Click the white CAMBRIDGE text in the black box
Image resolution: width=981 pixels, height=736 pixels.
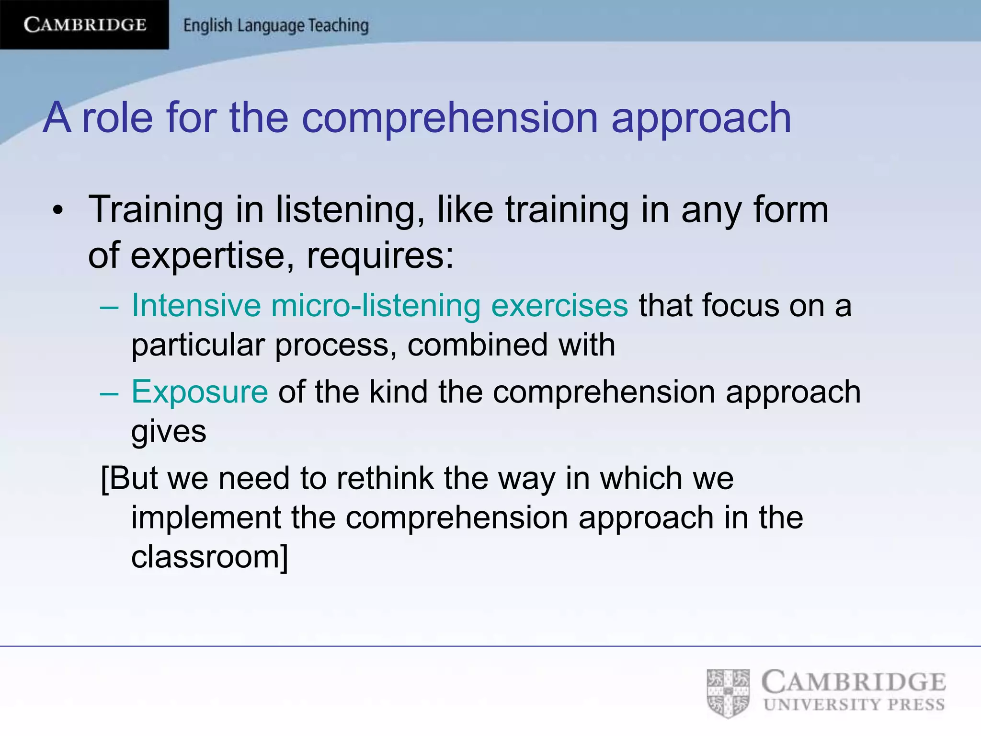(85, 24)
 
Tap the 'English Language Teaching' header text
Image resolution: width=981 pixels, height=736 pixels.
(276, 25)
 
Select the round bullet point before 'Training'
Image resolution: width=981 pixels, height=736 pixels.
(58, 210)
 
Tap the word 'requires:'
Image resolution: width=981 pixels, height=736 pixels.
(380, 255)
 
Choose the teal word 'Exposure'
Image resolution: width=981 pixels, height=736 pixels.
(199, 391)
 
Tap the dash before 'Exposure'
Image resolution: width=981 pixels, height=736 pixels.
(109, 392)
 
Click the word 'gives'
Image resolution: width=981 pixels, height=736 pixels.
(169, 432)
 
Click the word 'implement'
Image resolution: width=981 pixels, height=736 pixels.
(206, 517)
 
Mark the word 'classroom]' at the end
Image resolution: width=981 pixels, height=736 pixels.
(210, 557)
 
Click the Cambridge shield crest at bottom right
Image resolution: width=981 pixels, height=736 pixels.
(728, 693)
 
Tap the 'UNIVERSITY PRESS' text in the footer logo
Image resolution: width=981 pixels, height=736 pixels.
(854, 704)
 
